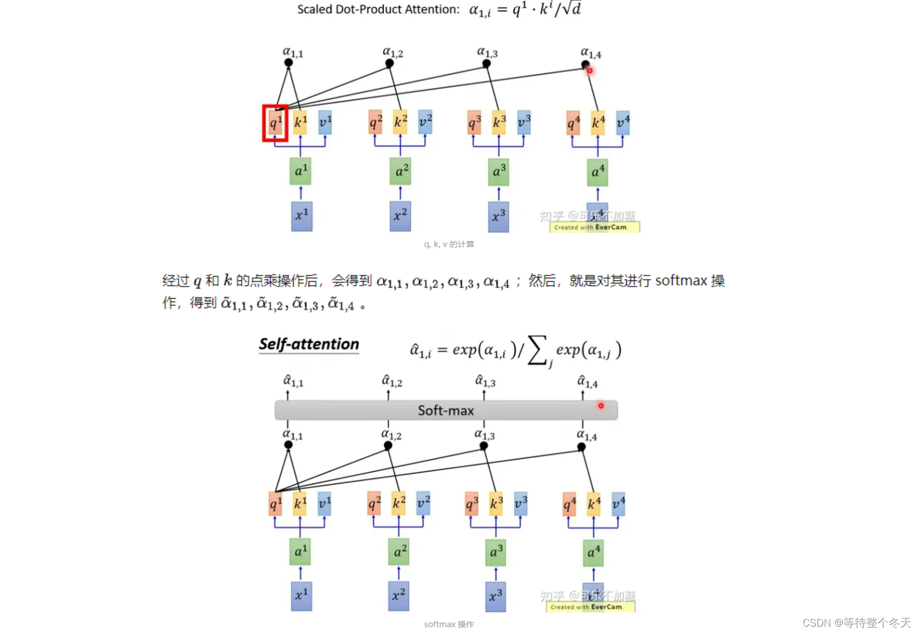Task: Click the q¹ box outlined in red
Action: (x=275, y=123)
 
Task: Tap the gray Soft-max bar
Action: (x=446, y=410)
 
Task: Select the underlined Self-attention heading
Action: (x=309, y=344)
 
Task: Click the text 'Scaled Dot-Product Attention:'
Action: (x=378, y=10)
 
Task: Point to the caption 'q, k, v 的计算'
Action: (x=449, y=244)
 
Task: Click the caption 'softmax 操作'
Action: (x=449, y=624)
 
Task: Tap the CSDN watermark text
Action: (x=857, y=623)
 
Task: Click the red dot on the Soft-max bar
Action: (x=601, y=406)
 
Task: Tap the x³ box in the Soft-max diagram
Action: (x=495, y=597)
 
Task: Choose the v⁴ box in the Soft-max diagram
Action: (x=618, y=504)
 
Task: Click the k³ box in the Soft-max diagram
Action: (x=496, y=504)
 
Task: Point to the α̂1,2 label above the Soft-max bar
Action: (x=392, y=381)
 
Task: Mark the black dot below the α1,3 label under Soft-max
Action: (x=484, y=446)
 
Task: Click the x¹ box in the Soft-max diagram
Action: (x=302, y=597)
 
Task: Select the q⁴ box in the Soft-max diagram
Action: (x=570, y=504)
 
